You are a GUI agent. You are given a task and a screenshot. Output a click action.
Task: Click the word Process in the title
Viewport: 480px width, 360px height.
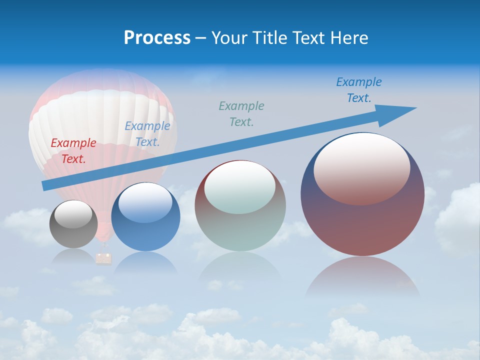tap(157, 38)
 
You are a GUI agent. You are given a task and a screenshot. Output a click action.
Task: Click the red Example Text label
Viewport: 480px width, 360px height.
tap(73, 151)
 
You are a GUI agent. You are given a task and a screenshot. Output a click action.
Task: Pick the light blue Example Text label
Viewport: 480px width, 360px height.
tap(147, 134)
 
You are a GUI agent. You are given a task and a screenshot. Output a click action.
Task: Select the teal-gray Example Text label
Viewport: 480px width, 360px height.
tap(241, 113)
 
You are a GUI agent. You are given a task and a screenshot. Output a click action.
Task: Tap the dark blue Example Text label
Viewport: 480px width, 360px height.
tap(359, 90)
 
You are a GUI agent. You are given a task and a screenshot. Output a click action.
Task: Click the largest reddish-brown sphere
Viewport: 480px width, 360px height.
tap(362, 220)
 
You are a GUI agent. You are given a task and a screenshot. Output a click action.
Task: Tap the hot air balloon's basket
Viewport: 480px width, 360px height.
tap(103, 258)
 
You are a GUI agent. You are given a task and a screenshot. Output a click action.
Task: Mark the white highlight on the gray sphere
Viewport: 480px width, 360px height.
tap(73, 214)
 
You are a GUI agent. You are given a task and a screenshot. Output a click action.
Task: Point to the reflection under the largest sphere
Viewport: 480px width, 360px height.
tap(362, 277)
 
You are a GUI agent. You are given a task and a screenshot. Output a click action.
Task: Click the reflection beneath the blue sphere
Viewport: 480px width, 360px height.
tap(145, 262)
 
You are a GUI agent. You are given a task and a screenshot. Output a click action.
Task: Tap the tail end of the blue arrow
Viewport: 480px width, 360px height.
tap(46, 185)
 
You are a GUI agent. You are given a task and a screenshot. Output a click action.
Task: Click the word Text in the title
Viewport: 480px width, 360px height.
tap(309, 38)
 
